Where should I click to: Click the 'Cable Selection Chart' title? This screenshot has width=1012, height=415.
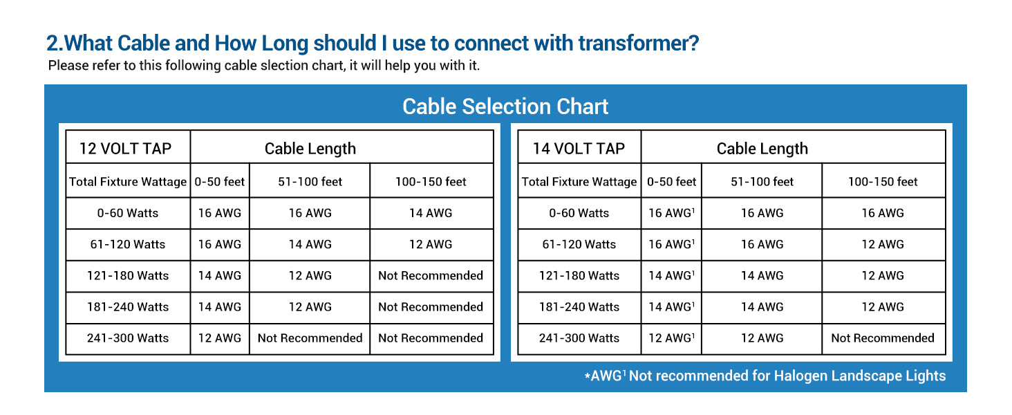[505, 107]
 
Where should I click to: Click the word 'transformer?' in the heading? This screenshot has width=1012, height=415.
[639, 44]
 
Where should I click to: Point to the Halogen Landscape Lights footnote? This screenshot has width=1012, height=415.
[765, 376]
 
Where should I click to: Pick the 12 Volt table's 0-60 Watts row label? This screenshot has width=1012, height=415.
[128, 213]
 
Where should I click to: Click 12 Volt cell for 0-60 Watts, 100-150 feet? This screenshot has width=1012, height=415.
[431, 213]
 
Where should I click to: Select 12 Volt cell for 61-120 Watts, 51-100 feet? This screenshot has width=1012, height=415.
[310, 244]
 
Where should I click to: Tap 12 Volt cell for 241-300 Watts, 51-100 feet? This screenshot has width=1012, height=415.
[310, 338]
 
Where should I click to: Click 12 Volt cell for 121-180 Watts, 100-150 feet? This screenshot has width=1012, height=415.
[431, 275]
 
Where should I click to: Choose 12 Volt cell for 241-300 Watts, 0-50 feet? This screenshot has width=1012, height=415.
[220, 338]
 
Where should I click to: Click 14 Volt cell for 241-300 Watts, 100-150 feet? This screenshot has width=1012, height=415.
[883, 338]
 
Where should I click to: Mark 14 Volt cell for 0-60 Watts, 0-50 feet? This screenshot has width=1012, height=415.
[671, 213]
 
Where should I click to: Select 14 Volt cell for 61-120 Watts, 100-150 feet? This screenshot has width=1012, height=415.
[883, 244]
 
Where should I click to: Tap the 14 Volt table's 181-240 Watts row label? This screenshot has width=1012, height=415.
[579, 306]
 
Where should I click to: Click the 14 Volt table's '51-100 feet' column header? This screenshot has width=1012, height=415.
[762, 182]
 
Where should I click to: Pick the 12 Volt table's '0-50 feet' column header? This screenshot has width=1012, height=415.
[220, 182]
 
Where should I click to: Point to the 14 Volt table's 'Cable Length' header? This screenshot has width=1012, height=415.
[762, 148]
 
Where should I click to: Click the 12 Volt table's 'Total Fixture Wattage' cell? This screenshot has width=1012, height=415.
[128, 182]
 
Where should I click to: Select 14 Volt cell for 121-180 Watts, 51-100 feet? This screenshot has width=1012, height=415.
[762, 275]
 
